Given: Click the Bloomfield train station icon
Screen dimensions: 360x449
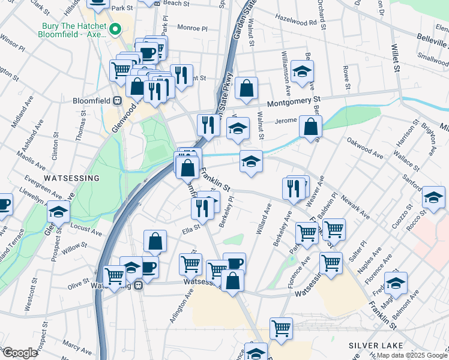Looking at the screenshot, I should tap(118, 100).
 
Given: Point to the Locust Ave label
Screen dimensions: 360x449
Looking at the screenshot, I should tap(86, 229).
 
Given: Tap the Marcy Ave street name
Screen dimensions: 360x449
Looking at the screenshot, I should tap(73, 346).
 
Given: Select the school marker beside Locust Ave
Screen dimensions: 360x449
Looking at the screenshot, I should tap(59, 211).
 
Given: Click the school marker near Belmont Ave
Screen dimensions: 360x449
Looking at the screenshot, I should tap(396, 283).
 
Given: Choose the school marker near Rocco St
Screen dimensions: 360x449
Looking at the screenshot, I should tap(433, 197).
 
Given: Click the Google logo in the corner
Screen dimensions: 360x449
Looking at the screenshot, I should tap(20, 353).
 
